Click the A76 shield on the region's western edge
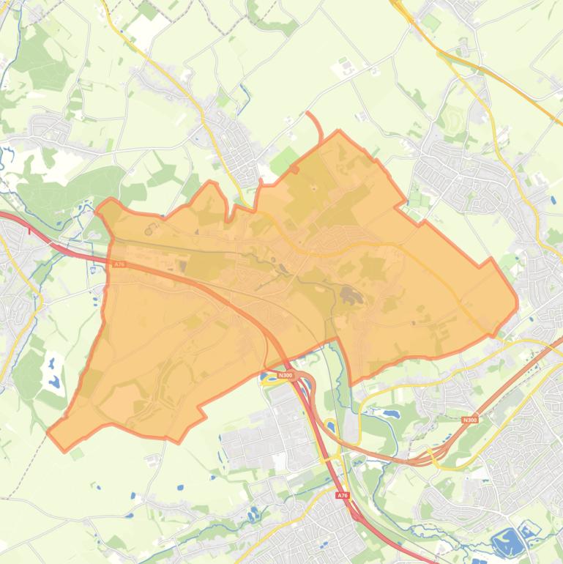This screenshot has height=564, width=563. [119, 264]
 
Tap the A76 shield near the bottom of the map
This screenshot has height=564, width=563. [343, 496]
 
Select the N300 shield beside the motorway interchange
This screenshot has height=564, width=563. [286, 376]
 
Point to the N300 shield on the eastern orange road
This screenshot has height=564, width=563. [469, 420]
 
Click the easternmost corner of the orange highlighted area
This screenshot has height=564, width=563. [516, 302]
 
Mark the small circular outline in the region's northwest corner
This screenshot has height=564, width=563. [149, 231]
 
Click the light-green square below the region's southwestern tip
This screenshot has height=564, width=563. [77, 455]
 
